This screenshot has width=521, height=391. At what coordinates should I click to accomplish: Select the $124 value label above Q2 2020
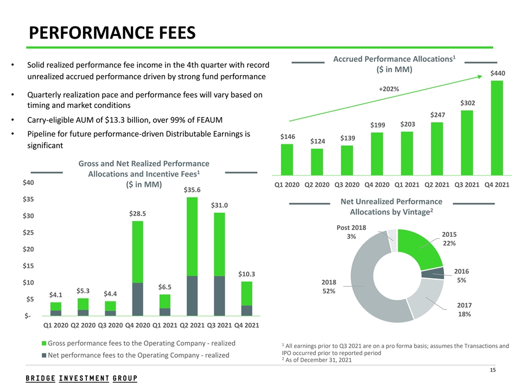[317, 141]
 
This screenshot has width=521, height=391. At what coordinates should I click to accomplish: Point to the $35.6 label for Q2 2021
[192, 190]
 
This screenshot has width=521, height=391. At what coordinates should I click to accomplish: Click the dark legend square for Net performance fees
[45, 356]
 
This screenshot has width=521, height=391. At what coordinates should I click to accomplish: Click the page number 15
[493, 370]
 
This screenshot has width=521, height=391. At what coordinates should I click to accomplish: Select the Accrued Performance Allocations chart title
[395, 64]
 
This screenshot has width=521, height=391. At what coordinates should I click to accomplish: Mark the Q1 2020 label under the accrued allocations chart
[287, 185]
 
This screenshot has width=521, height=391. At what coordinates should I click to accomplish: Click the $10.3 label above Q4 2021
[246, 274]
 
